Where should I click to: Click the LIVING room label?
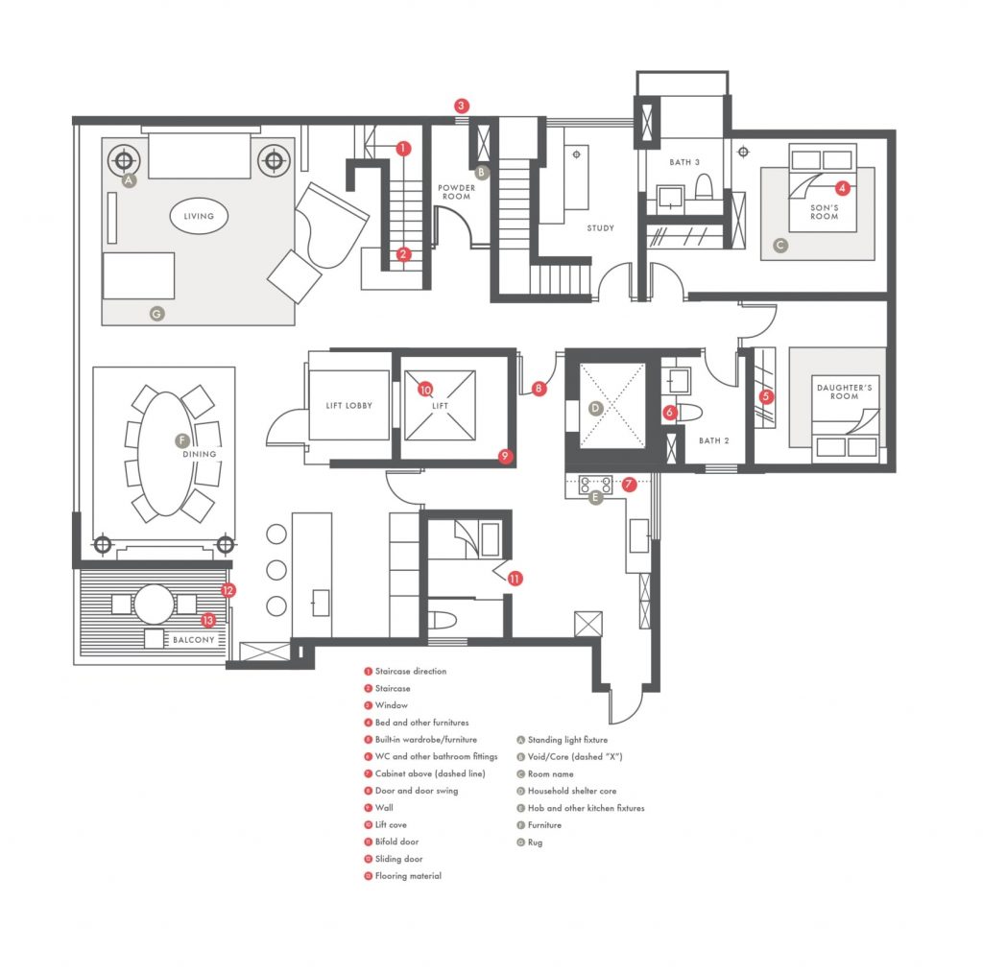(x=199, y=216)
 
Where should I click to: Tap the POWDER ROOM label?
(x=456, y=192)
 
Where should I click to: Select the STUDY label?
(x=601, y=228)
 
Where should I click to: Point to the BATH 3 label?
(x=683, y=162)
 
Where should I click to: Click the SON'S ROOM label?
(x=825, y=212)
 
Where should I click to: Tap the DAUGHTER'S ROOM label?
(x=845, y=392)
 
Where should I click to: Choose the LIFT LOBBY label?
(x=349, y=405)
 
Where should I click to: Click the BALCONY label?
(x=194, y=640)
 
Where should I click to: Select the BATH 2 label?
(x=714, y=440)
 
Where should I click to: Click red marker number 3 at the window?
(x=462, y=106)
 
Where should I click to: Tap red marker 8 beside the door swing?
(x=539, y=389)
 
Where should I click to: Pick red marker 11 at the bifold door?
(x=515, y=579)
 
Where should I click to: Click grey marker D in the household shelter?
(x=595, y=409)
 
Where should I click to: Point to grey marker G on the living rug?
(x=156, y=313)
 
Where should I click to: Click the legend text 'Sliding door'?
(x=398, y=859)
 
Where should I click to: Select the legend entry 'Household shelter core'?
(x=572, y=791)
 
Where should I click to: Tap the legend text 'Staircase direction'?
(x=411, y=671)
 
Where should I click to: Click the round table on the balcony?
(x=155, y=605)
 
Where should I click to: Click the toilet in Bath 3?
(x=704, y=187)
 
